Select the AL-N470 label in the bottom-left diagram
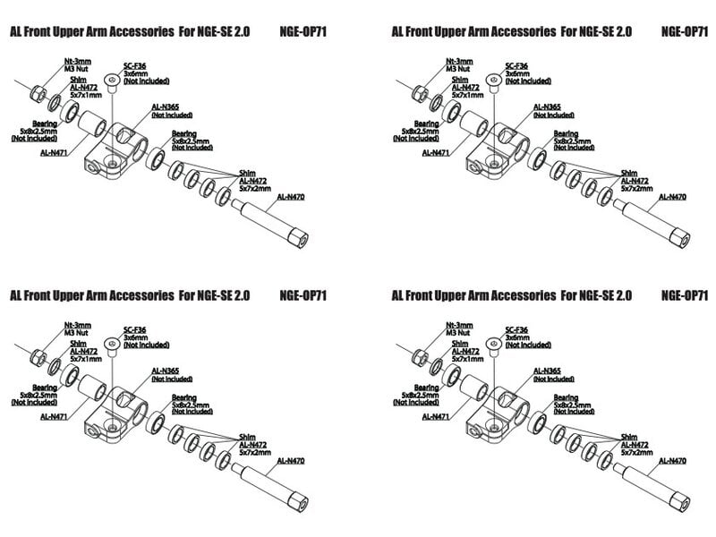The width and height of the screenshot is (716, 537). [x=291, y=460]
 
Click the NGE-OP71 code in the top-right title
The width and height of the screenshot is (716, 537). [x=685, y=30]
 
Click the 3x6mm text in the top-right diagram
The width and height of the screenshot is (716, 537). [x=516, y=73]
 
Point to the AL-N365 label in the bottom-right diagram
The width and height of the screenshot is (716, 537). [x=548, y=371]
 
